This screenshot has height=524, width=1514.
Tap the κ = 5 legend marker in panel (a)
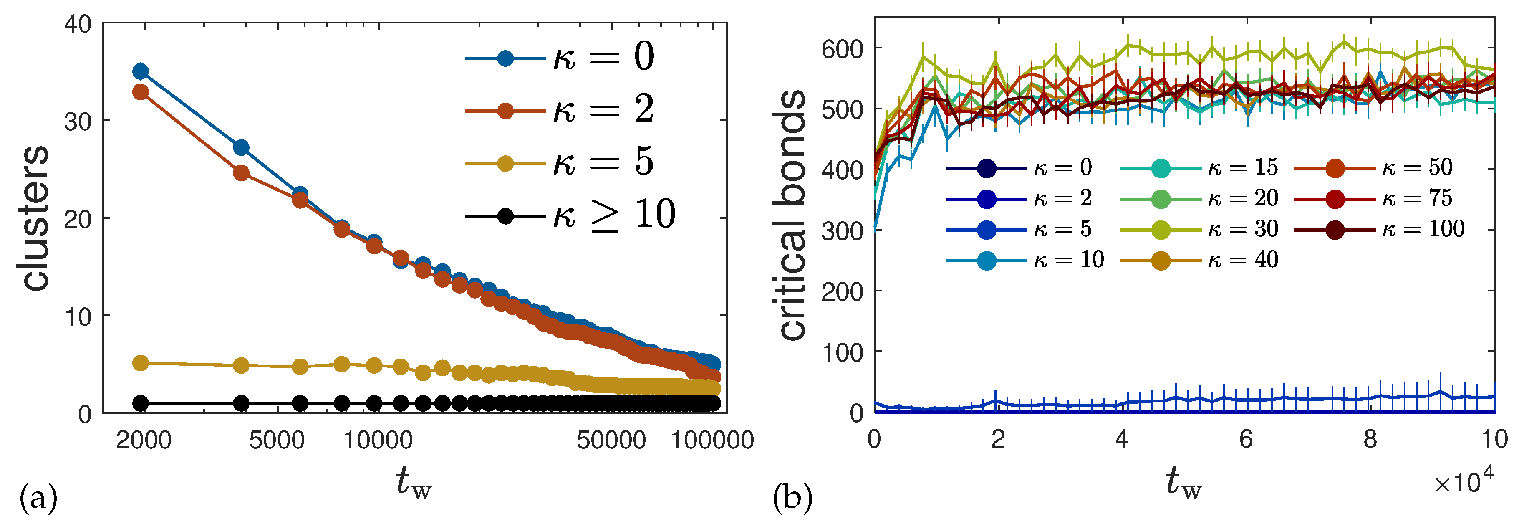click(505, 163)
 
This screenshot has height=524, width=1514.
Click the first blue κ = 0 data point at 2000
click(141, 71)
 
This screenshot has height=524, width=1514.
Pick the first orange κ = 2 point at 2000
click(141, 92)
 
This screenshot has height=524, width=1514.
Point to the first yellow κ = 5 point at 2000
click(141, 363)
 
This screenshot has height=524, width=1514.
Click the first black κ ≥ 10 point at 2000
click(141, 403)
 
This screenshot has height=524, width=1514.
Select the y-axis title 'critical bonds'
click(791, 215)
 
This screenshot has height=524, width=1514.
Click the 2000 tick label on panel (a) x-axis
click(144, 440)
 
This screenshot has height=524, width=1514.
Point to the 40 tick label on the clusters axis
click(78, 25)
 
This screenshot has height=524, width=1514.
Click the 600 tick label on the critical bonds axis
click(842, 49)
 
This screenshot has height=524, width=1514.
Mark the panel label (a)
click(38, 498)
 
